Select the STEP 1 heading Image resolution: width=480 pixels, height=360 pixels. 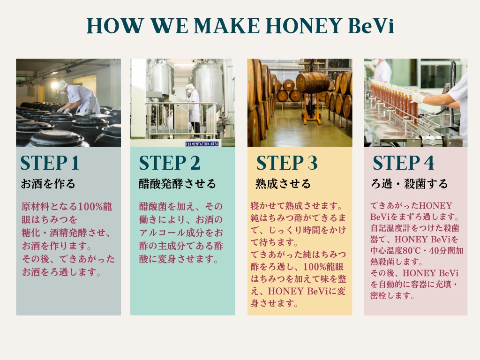(50, 163)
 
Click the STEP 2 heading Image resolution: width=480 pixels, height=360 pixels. (170, 163)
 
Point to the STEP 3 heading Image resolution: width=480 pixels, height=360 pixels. (287, 163)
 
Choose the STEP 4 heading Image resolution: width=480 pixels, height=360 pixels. (403, 163)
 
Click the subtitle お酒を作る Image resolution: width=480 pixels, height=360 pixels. (48, 184)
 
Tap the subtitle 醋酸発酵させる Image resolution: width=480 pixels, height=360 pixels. (177, 184)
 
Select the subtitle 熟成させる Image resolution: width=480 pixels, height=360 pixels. (283, 184)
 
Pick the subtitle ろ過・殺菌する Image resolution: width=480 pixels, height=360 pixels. (409, 184)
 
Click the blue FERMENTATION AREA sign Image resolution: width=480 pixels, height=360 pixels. (202, 144)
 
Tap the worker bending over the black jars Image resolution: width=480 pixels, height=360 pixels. (78, 97)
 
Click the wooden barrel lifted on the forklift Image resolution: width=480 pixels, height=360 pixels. (312, 82)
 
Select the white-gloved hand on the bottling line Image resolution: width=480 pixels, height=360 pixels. (418, 98)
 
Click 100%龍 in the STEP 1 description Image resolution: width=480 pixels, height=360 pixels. (95, 207)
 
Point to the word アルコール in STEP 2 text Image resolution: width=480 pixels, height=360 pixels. (162, 233)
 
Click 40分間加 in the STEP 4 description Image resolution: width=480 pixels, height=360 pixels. (446, 250)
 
